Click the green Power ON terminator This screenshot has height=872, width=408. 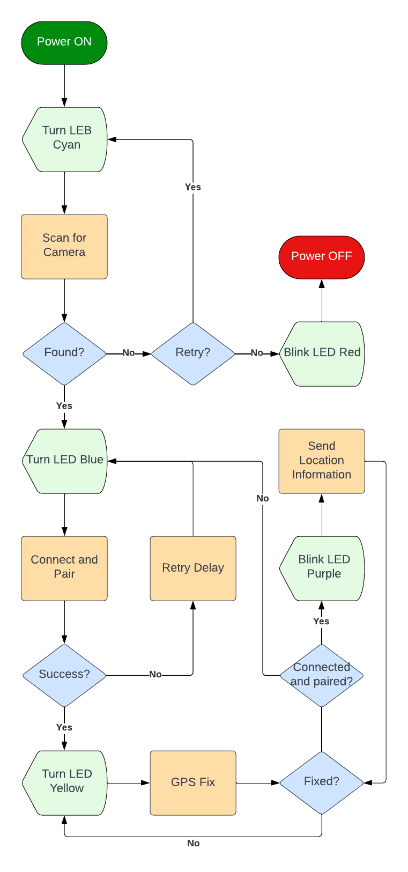(x=64, y=42)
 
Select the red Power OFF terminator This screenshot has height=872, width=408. (x=322, y=257)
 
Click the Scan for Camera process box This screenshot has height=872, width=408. (x=64, y=246)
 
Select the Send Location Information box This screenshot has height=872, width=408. (x=322, y=461)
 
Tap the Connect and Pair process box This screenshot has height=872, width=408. (x=64, y=568)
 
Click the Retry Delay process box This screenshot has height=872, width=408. (x=193, y=568)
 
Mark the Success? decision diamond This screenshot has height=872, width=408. (x=64, y=675)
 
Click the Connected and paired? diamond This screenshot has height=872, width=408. (x=322, y=675)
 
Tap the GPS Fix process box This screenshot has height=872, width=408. (x=193, y=782)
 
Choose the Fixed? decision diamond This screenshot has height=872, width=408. (x=322, y=782)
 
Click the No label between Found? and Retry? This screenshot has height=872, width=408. (x=129, y=353)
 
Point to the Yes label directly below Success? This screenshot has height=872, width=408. (x=64, y=727)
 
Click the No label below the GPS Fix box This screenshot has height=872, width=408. (x=194, y=843)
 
